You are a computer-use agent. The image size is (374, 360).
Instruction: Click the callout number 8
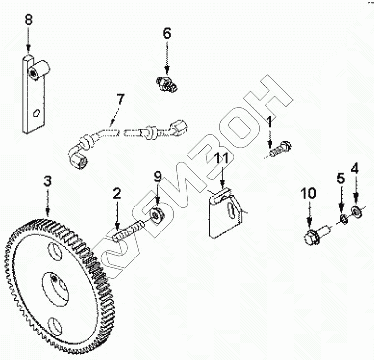28,20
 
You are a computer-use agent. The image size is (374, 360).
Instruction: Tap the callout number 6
167,33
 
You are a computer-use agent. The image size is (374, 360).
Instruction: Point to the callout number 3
47,180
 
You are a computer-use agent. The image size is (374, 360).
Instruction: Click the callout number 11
222,158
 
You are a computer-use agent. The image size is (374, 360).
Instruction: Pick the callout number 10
309,194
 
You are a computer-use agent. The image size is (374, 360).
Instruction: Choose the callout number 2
117,193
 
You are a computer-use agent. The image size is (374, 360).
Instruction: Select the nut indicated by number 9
158,214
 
